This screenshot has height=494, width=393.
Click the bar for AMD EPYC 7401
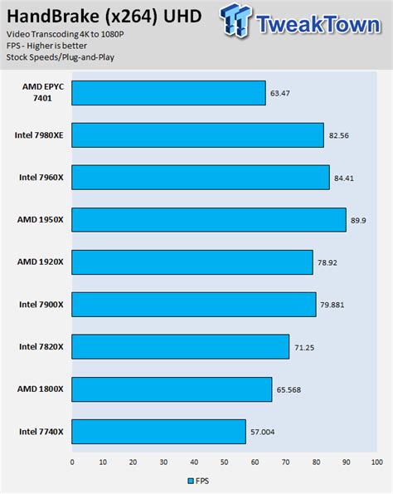click(168, 93)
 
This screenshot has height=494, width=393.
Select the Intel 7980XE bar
click(197, 135)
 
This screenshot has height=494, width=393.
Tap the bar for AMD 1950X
click(209, 220)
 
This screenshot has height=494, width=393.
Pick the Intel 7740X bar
click(158, 432)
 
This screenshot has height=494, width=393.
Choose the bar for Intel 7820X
click(180, 347)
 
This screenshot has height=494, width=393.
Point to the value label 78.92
click(327, 262)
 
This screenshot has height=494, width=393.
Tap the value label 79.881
click(332, 305)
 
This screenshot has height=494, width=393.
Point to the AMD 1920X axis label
click(41, 262)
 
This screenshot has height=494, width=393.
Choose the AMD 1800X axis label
click(41, 389)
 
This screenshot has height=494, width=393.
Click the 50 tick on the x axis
click(224, 462)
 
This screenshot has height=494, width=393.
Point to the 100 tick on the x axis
click(376, 462)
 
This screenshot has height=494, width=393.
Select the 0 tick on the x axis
click(72, 462)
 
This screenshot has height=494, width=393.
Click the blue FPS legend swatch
click(190, 481)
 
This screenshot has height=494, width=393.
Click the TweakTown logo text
click(319, 22)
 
